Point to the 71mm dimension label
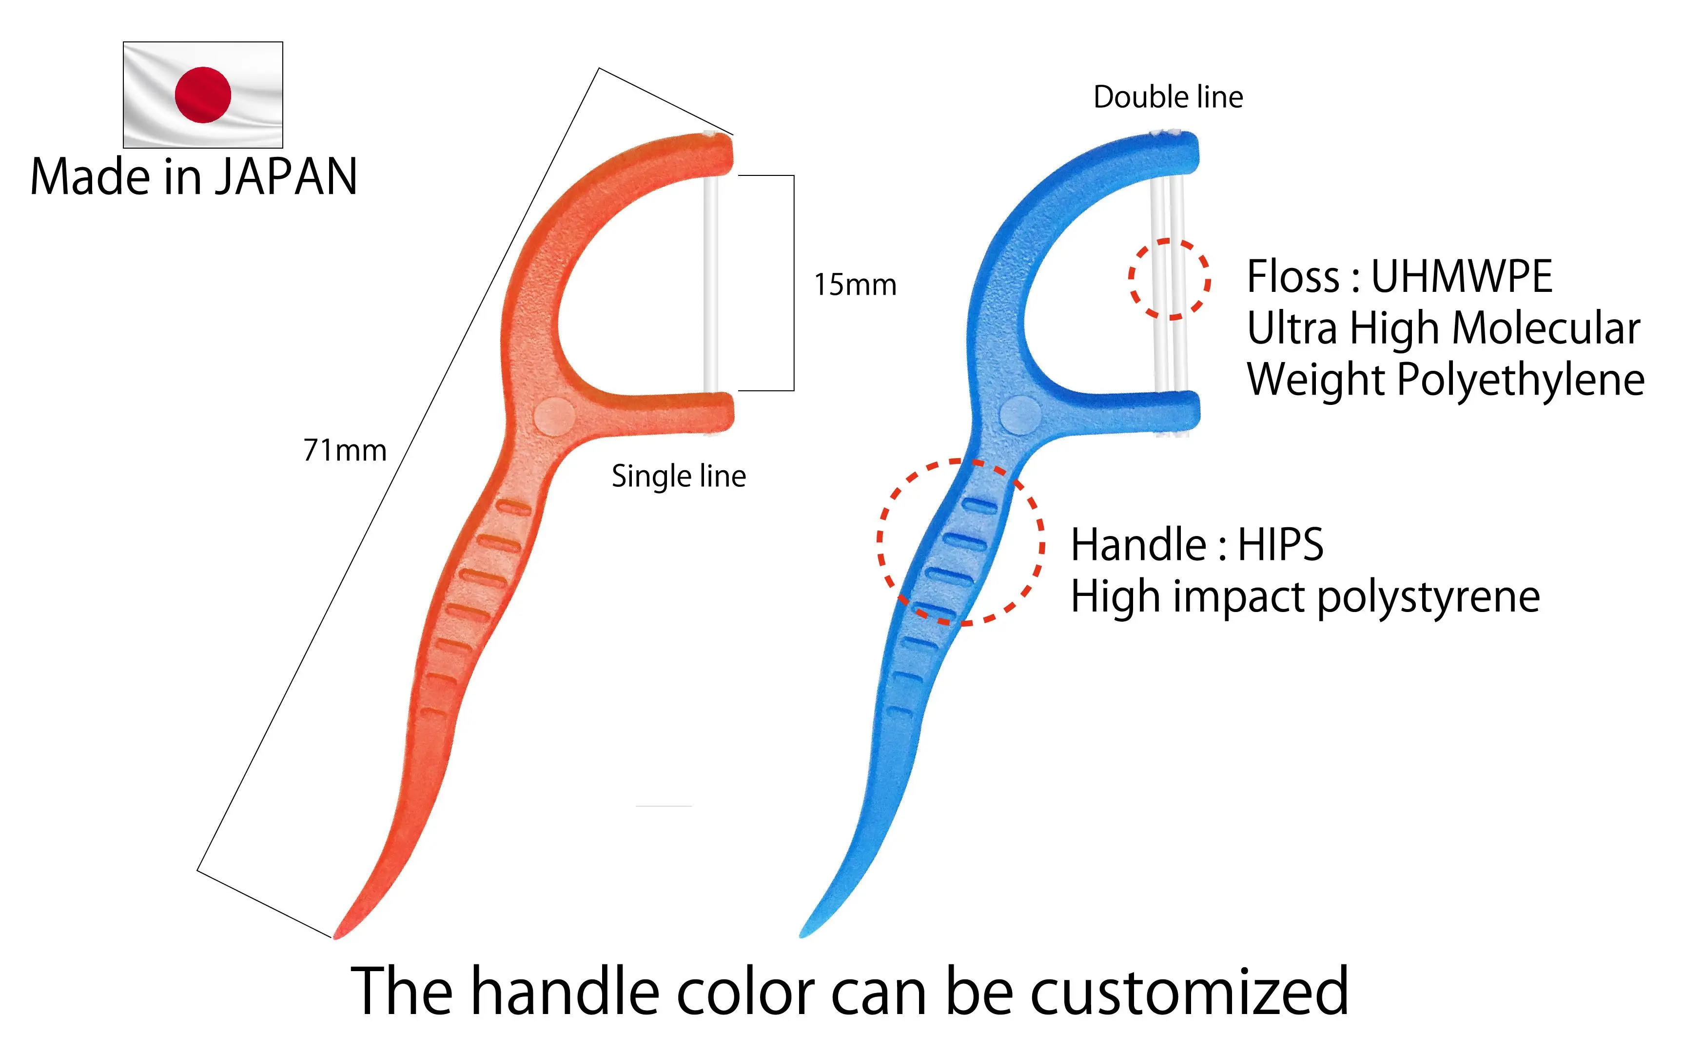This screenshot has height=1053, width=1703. (x=345, y=451)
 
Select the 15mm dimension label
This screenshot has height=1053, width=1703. (x=855, y=285)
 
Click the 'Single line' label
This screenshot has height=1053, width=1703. (x=679, y=477)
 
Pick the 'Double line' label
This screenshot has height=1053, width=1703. (x=1168, y=97)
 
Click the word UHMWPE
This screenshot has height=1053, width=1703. (x=1461, y=276)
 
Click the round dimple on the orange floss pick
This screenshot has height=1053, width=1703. (x=555, y=417)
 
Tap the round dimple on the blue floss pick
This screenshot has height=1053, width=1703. (x=1020, y=416)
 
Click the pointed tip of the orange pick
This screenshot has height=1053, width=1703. (x=337, y=935)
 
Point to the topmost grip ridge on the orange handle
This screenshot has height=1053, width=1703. (x=514, y=508)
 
